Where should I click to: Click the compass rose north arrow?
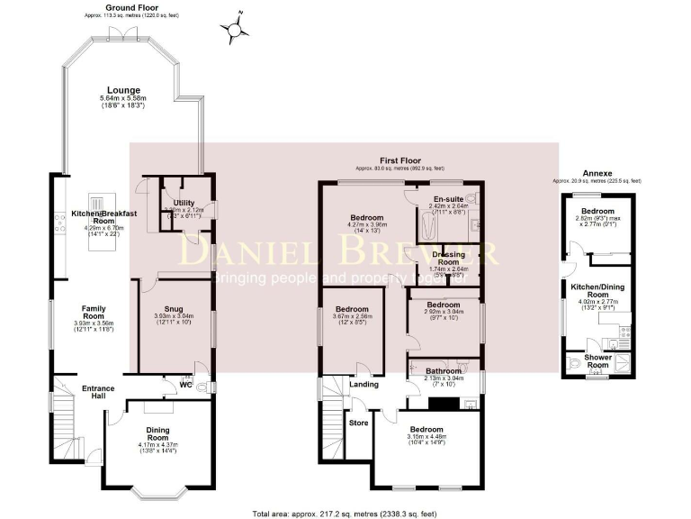click(x=238, y=29)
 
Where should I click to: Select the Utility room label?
click(x=184, y=203)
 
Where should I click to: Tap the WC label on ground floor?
click(x=185, y=384)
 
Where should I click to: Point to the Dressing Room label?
click(x=448, y=259)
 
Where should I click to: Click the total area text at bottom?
click(x=345, y=513)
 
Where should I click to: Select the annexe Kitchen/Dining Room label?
click(x=597, y=290)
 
